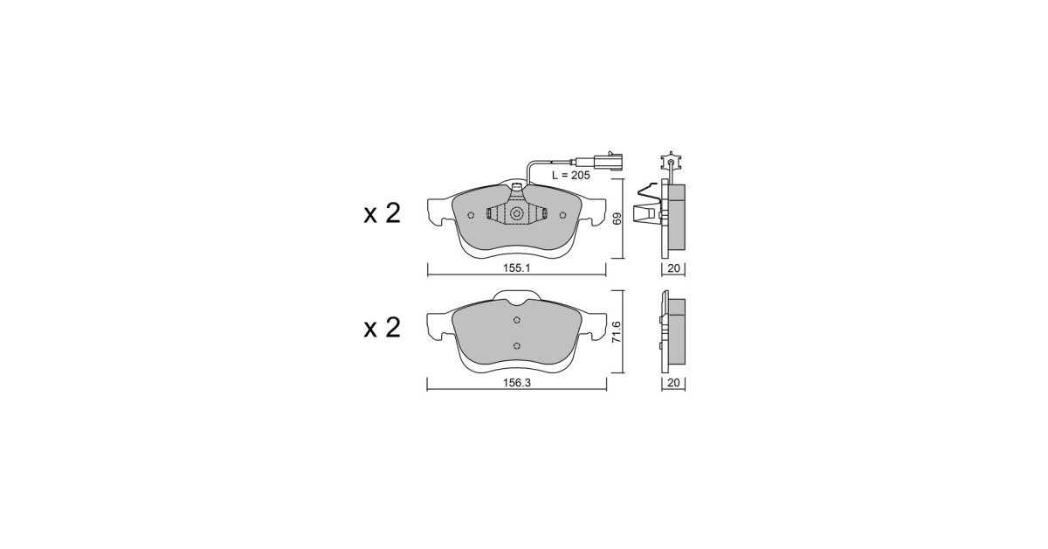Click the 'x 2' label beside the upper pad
[383, 213]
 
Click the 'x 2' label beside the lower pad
[383, 328]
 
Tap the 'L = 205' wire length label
[571, 175]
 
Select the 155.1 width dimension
[516, 268]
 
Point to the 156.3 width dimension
[516, 382]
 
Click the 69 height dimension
[617, 219]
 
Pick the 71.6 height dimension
[617, 331]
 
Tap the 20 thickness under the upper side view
[673, 268]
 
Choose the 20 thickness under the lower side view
[673, 383]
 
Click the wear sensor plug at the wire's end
[596, 161]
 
